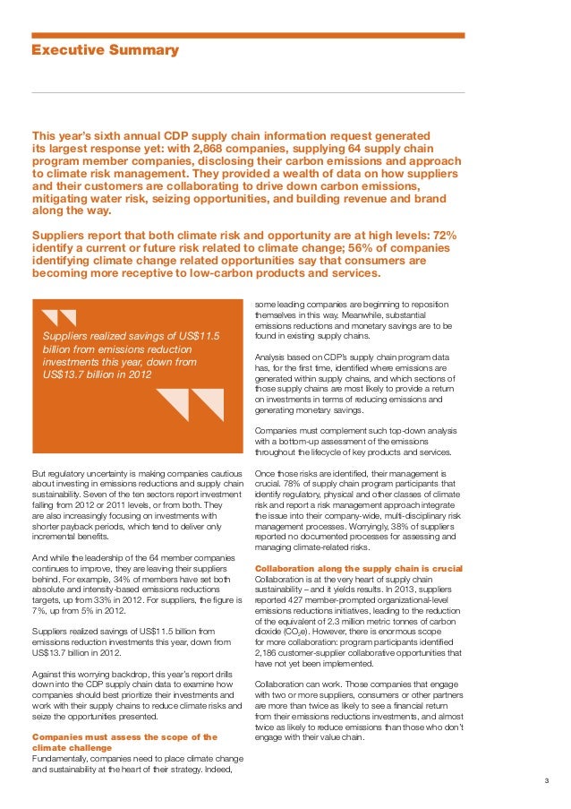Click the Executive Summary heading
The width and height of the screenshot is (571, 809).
click(x=105, y=50)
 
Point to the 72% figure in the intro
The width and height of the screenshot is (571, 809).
click(x=444, y=235)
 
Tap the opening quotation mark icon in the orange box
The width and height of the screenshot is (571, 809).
click(x=59, y=317)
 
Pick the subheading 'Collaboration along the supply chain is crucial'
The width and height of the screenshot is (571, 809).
click(x=359, y=569)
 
